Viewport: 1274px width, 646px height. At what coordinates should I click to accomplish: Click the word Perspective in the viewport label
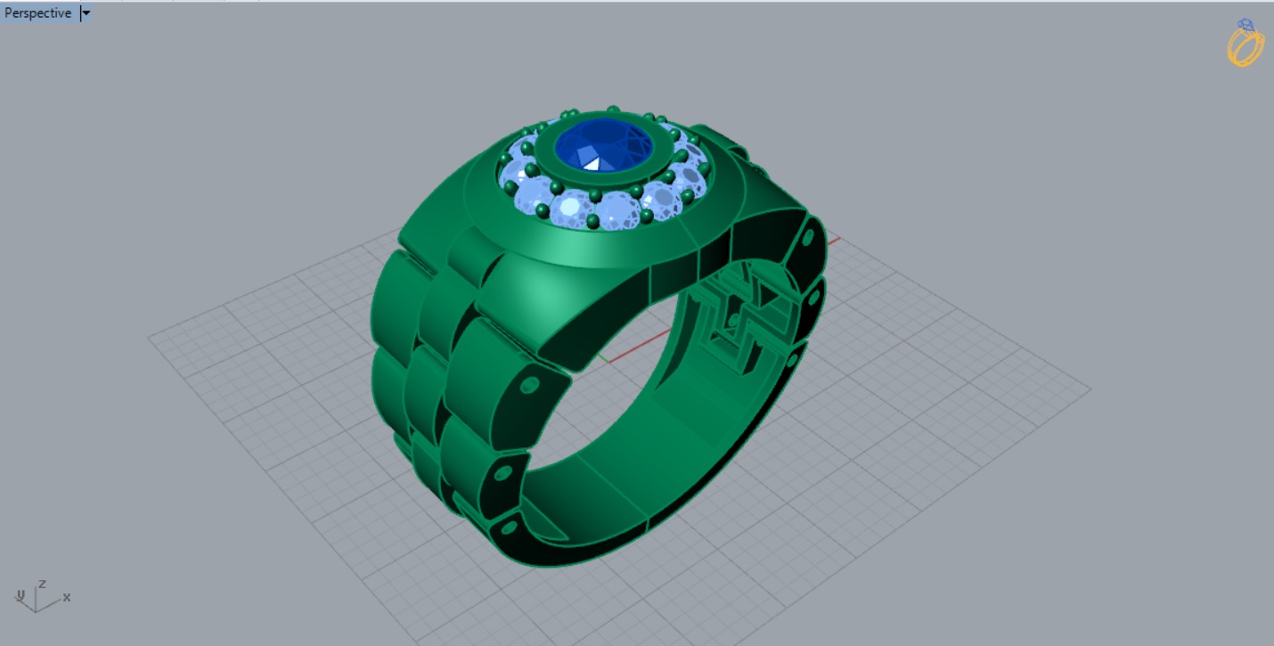point(37,13)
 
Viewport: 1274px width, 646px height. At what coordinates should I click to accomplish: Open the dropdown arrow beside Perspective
point(86,13)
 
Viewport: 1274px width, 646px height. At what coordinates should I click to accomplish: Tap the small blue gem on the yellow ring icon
point(1245,25)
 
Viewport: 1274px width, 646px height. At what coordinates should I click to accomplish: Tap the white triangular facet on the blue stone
point(591,162)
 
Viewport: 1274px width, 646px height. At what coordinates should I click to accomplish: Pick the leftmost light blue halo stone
point(514,173)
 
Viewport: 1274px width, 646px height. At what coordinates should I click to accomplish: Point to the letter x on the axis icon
point(67,597)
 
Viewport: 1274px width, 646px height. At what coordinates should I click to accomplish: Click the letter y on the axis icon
point(20,594)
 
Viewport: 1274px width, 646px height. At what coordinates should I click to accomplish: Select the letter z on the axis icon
point(41,584)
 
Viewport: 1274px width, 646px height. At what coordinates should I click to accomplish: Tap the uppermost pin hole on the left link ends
point(529,386)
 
